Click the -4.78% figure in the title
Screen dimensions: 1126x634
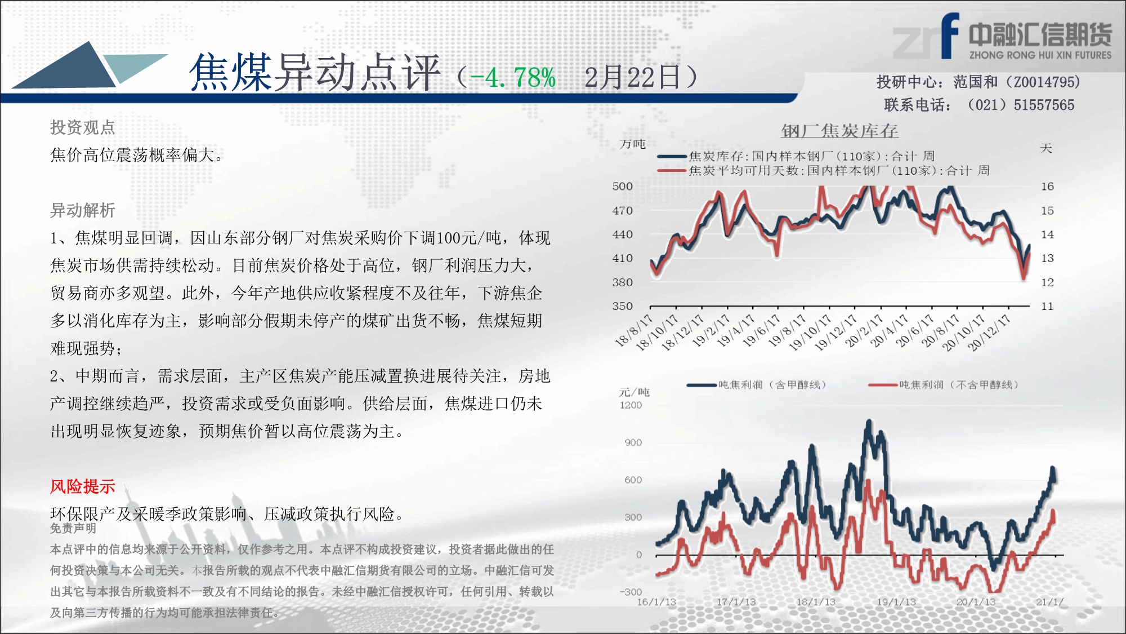(513, 77)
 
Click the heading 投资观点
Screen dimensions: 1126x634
(82, 127)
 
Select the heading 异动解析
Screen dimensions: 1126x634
(82, 210)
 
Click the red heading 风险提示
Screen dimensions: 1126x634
(82, 486)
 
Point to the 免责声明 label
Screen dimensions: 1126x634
(73, 528)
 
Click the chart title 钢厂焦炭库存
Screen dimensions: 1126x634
(839, 131)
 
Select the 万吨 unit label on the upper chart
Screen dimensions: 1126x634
(632, 144)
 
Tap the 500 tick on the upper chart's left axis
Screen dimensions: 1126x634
(623, 186)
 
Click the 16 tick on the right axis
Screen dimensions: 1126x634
(1047, 186)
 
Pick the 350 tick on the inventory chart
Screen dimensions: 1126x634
(623, 306)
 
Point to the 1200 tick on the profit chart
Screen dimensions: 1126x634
(631, 405)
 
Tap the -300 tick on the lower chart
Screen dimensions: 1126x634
(631, 592)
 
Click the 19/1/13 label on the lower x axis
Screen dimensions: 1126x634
(896, 602)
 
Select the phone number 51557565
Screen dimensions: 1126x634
(1044, 105)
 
